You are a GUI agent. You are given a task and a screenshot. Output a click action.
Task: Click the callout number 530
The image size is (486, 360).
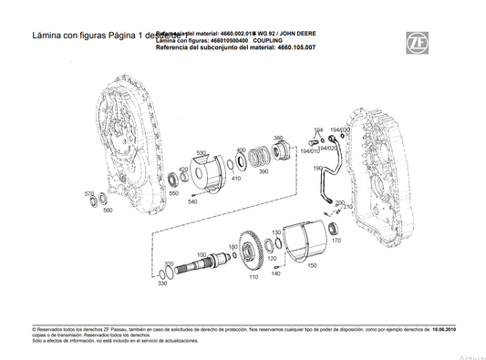tap(201, 153)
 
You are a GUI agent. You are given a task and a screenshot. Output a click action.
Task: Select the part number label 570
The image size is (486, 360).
tap(89, 194)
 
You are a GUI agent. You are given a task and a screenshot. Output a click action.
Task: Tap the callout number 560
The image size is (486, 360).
tap(108, 211)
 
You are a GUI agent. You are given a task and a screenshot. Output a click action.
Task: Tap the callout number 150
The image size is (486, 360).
tap(312, 265)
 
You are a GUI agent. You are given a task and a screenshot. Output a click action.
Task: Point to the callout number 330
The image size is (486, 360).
tap(161, 283)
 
